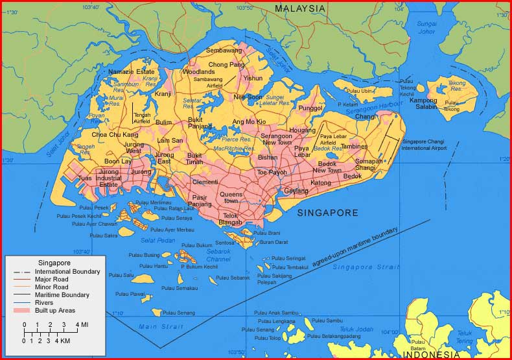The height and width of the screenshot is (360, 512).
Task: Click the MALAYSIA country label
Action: coord(299,8)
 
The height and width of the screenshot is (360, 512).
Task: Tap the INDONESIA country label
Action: coord(432,354)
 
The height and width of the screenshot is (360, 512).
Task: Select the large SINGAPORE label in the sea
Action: coord(327,213)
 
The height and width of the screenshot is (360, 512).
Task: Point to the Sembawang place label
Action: coord(224,50)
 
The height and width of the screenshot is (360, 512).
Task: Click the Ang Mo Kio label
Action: coord(249,122)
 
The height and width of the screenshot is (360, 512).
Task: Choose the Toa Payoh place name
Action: coord(272,173)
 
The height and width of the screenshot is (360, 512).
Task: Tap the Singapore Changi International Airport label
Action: coord(425,144)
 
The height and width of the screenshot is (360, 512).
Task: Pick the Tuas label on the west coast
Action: coord(85,178)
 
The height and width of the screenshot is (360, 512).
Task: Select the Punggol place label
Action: coord(310,108)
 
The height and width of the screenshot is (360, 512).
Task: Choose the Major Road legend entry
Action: coord(52,279)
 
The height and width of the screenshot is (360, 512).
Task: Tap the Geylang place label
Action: coord(296,191)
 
